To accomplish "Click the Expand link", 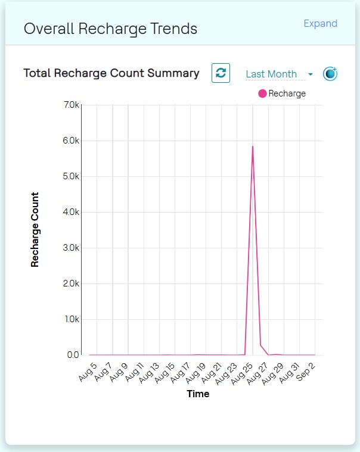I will click(x=320, y=24).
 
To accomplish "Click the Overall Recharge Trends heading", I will click(x=110, y=29).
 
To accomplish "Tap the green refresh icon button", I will click(x=221, y=73).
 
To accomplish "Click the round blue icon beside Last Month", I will click(x=330, y=73).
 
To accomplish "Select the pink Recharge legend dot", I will click(x=262, y=93).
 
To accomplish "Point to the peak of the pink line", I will click(x=253, y=146).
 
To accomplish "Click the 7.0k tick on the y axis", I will click(x=71, y=105).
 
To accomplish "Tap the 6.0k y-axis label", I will click(x=71, y=141).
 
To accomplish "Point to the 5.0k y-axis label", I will click(x=71, y=177).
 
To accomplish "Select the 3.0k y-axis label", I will click(x=71, y=248).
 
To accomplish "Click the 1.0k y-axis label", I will click(x=71, y=319).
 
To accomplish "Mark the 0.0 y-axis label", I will click(x=73, y=355).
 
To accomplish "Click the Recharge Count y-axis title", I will click(x=35, y=229).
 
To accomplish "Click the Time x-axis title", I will click(x=198, y=394).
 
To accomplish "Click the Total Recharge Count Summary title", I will click(x=111, y=73).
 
